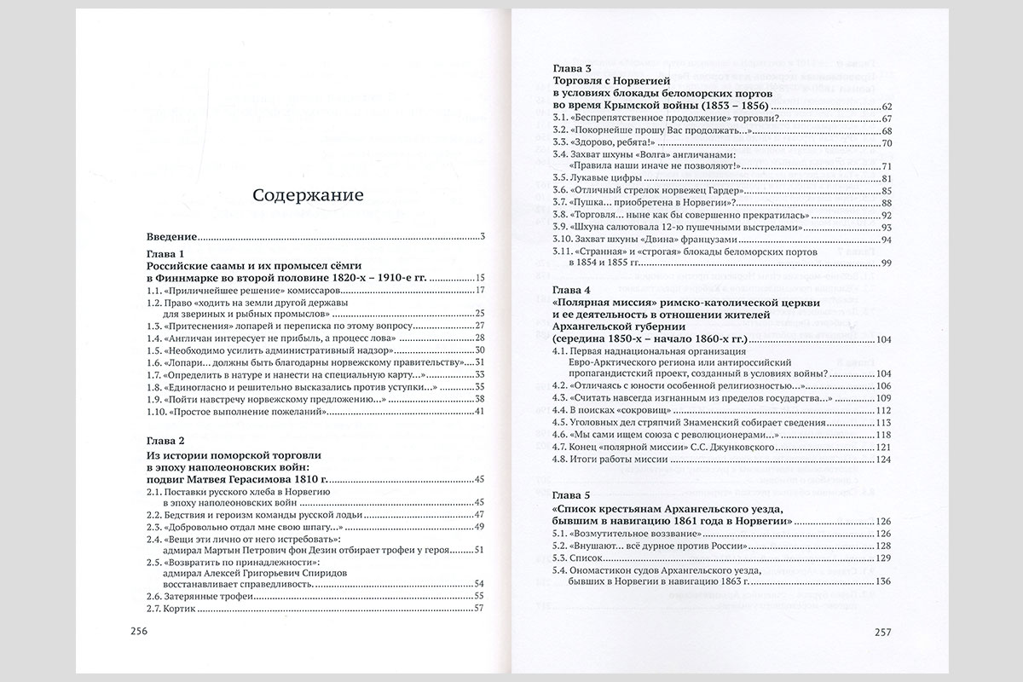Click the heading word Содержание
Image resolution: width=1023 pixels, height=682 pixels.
(308, 195)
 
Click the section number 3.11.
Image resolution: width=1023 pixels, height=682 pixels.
(562, 251)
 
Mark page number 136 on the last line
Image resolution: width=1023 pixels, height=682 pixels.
(883, 581)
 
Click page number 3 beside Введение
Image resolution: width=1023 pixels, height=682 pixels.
(482, 237)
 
